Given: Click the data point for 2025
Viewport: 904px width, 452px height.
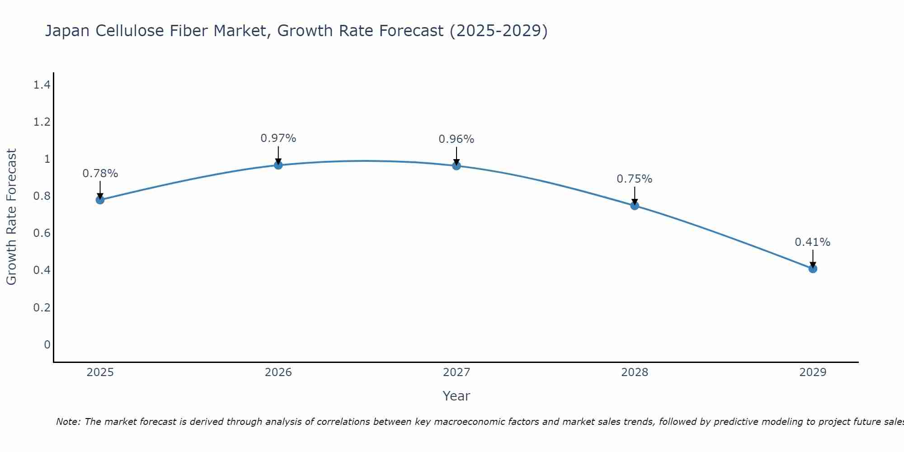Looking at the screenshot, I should point(100,200).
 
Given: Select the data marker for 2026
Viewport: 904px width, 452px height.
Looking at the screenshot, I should point(278,165).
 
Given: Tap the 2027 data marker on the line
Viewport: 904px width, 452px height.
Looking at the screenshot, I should point(457,166).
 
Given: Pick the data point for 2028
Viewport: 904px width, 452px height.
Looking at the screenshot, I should point(635,206).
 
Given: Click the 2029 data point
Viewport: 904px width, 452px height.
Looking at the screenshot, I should point(813,268).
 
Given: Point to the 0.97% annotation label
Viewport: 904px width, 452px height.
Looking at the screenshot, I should point(278,138).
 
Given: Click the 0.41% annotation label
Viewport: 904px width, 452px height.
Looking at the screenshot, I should point(813,242).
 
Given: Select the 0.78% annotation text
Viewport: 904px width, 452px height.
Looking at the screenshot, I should point(100,174).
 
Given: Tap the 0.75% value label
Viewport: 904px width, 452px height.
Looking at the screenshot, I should point(635,179).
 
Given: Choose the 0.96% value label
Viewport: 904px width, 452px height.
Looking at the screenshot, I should point(457,139).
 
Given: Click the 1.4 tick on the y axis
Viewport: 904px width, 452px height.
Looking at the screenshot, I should point(42,85).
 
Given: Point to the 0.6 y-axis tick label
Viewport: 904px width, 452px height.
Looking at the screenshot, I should point(42,233).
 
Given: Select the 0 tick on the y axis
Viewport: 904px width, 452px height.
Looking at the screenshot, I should point(47,345).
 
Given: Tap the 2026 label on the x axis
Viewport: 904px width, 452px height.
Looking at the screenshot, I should point(278,372).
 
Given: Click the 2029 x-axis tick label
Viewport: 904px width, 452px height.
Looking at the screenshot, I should point(813,372).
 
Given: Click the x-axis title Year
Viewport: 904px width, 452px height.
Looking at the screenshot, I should point(457,396).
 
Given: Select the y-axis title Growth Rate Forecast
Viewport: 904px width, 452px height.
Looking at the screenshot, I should point(11,217).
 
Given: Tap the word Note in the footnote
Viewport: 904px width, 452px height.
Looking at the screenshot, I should point(68,422).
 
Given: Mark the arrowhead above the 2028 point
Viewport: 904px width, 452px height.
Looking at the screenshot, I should point(635,202).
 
